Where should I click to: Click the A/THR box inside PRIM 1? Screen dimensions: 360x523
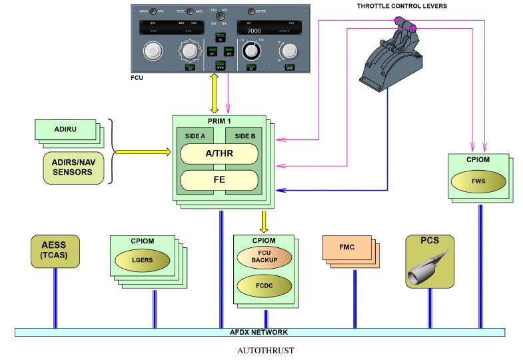(219, 153)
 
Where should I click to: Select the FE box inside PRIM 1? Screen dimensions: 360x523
(219, 180)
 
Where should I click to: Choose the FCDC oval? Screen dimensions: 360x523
(264, 286)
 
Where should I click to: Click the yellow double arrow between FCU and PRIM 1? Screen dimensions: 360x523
(214, 93)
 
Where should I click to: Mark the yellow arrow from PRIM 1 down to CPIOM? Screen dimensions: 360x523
(264, 220)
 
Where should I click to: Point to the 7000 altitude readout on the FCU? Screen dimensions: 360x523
(254, 31)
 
